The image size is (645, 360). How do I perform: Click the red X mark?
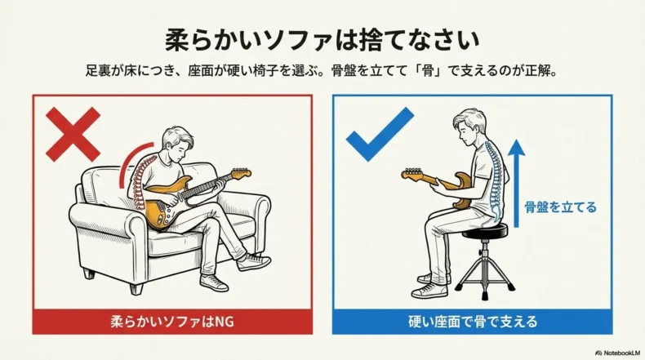(73, 135)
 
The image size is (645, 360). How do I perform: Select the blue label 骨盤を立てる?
(560, 207)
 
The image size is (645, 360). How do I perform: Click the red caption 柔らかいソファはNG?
(172, 322)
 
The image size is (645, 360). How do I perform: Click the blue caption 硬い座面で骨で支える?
(473, 322)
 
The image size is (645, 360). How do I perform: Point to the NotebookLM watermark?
(618, 353)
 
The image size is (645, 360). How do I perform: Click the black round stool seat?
(485, 231)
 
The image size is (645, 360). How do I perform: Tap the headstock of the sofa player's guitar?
(242, 173)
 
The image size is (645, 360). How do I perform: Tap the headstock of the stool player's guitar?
(411, 174)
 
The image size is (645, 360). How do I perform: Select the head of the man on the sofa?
(177, 144)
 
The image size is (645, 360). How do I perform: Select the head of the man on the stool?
(469, 127)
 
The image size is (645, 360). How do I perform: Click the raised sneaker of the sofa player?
(254, 262)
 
